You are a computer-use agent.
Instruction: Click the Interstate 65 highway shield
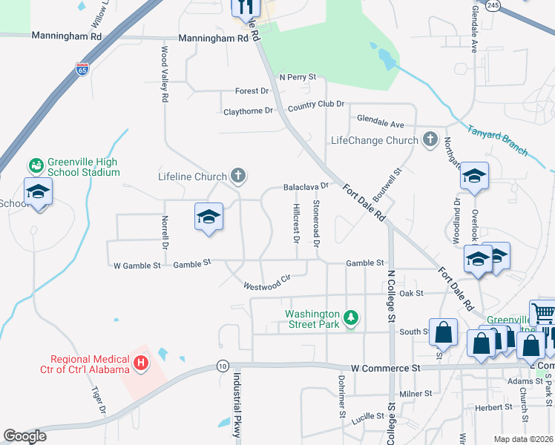82,70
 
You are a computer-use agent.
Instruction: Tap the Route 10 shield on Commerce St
222,366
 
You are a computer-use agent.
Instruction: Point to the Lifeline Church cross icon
237,176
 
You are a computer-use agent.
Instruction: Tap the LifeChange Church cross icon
430,139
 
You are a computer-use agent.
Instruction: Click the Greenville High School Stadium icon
36,164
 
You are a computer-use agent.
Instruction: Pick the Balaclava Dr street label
306,187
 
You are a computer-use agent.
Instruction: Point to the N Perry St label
298,76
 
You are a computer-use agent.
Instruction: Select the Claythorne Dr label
249,112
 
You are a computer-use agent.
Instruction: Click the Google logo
24,436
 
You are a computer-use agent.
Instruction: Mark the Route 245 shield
493,4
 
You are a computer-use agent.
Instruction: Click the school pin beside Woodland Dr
475,177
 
